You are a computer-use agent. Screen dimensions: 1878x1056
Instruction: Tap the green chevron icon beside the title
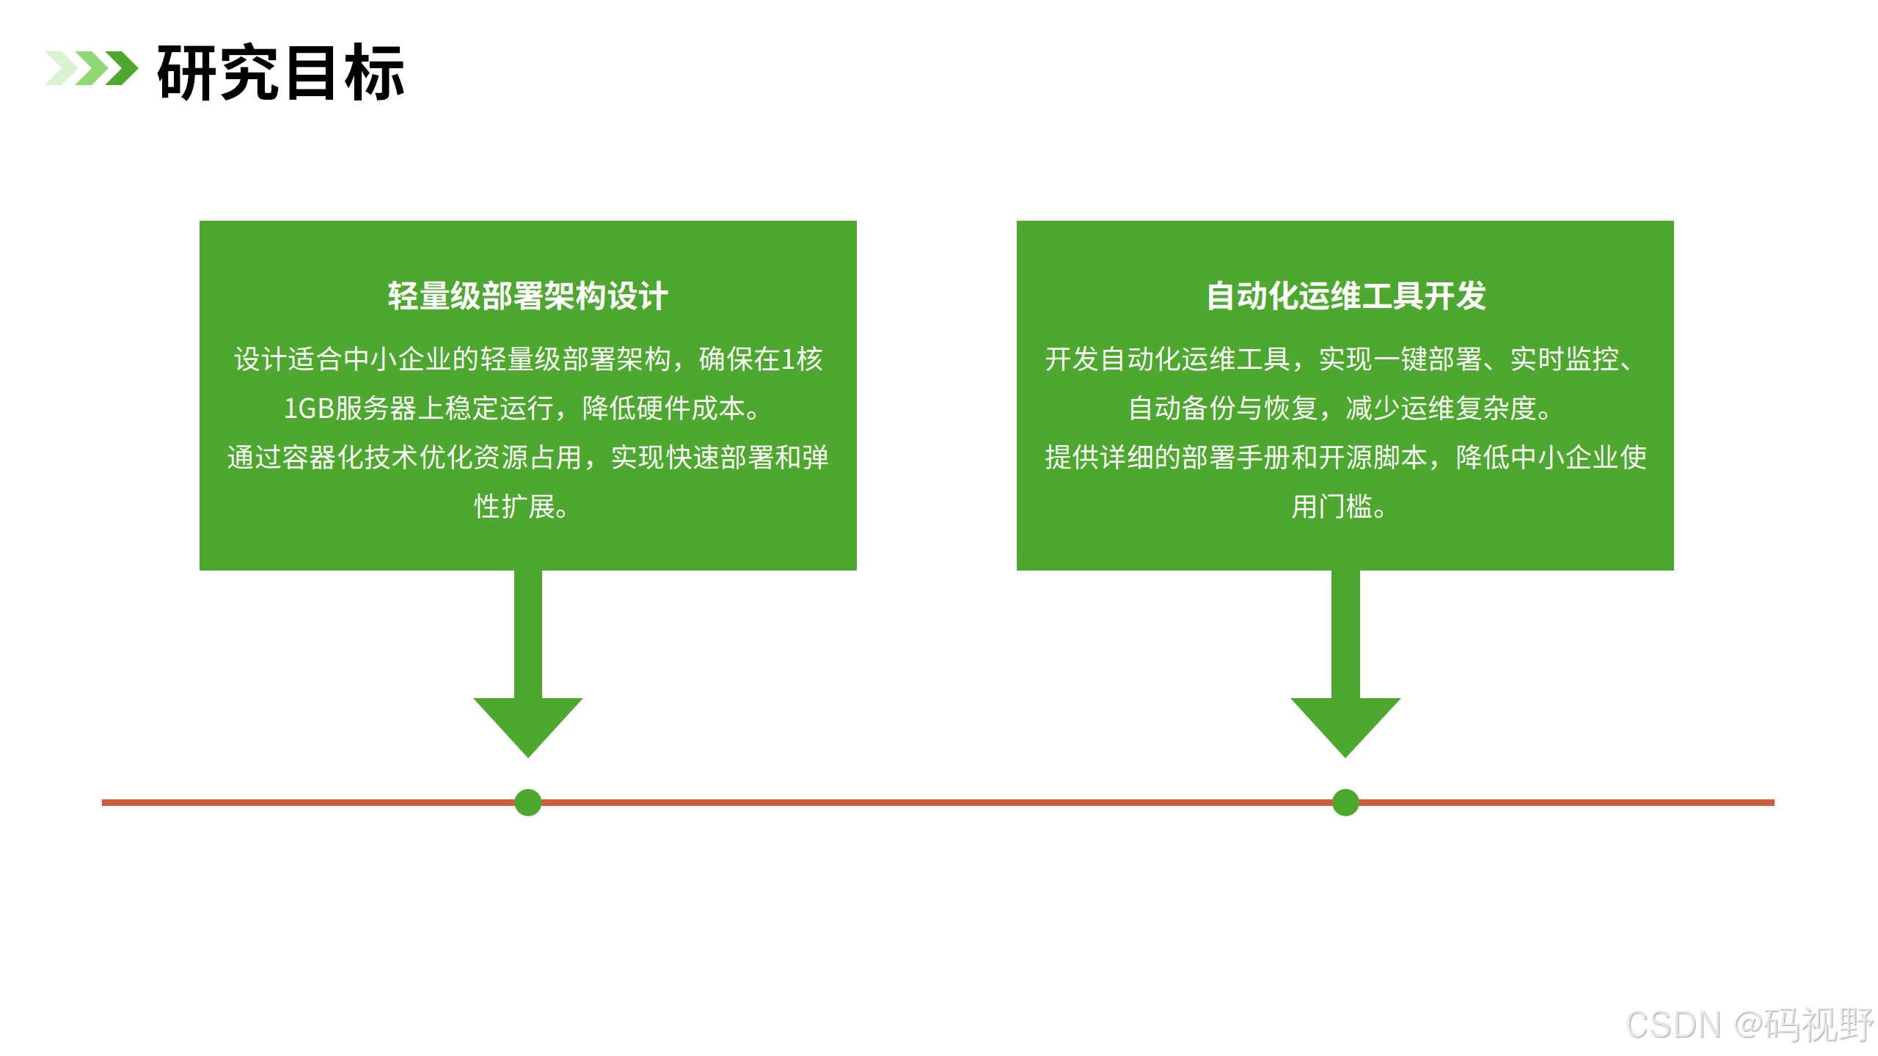click(92, 68)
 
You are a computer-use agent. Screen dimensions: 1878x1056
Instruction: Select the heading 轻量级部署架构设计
click(527, 296)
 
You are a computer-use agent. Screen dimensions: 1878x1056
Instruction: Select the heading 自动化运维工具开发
click(1345, 296)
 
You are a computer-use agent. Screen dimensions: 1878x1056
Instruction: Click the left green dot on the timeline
click(528, 802)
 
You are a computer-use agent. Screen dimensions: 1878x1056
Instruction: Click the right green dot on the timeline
click(1345, 802)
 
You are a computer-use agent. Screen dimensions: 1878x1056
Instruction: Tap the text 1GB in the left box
click(309, 408)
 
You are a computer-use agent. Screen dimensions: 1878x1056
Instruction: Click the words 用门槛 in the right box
click(1331, 507)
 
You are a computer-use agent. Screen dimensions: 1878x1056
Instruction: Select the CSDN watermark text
click(1673, 1025)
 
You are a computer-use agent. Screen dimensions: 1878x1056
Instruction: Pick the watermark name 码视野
click(1819, 1025)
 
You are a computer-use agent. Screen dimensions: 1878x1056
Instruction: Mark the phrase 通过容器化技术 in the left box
click(322, 458)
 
